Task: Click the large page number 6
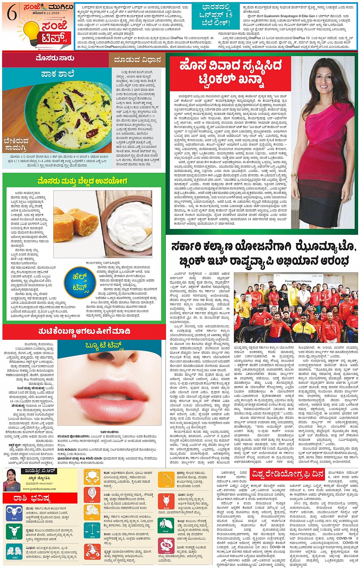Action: coord(11,14)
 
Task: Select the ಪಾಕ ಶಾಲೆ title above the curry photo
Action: coord(58,74)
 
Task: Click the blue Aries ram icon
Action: coord(14,513)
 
